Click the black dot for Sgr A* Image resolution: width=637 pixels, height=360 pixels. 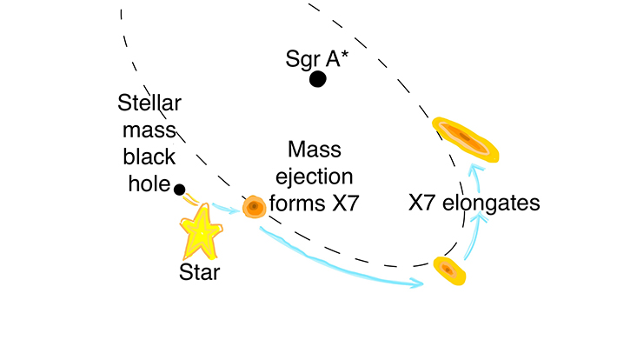pyautogui.click(x=317, y=79)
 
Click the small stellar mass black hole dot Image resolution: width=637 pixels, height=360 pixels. pyautogui.click(x=179, y=190)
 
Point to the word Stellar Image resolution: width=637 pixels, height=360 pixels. pyautogui.click(x=149, y=104)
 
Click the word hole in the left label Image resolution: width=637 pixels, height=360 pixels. pyautogui.click(x=150, y=183)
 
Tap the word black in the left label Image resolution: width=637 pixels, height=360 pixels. pyautogui.click(x=150, y=157)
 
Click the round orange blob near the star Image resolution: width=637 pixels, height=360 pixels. pyautogui.click(x=254, y=207)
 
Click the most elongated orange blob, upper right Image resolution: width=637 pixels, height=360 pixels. pyautogui.click(x=466, y=138)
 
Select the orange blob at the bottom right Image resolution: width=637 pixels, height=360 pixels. pyautogui.click(x=448, y=270)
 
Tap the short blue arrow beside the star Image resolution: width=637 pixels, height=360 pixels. pyautogui.click(x=227, y=209)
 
